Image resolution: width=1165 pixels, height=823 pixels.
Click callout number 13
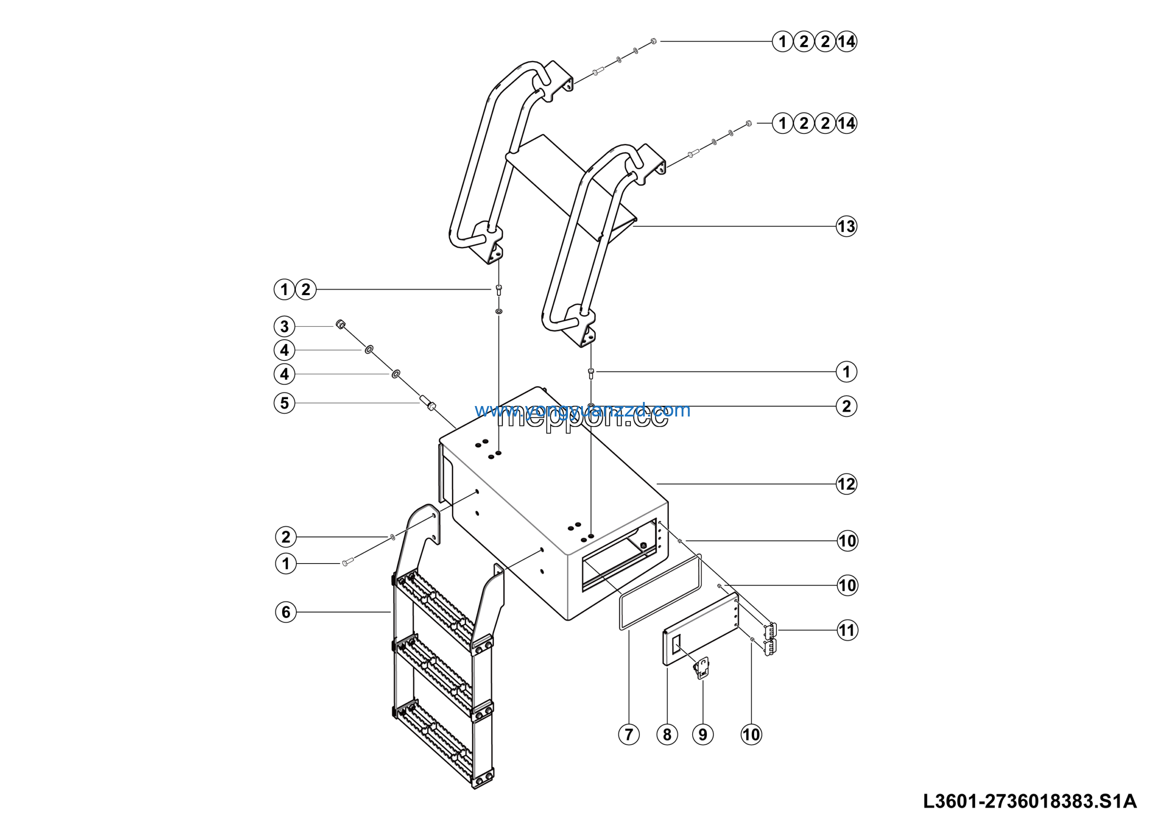coord(846,226)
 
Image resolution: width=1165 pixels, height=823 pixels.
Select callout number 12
coord(846,484)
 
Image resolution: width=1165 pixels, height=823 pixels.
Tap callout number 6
coord(286,612)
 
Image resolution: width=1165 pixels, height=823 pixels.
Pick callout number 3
coord(284,326)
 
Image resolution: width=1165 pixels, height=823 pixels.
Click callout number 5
coord(284,403)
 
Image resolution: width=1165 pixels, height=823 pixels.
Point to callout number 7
coord(628,734)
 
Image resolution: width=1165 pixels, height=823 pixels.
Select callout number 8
coord(667,734)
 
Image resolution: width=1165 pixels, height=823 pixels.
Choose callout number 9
coord(703,734)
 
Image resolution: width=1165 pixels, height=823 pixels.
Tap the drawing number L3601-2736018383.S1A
coord(1029,801)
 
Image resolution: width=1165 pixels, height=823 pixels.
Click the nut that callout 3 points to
coord(340,324)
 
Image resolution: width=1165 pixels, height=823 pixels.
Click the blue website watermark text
coord(582,410)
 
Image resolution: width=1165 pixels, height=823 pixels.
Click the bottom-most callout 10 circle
coord(751,734)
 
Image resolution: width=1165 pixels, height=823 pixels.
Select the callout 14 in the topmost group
coord(846,41)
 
